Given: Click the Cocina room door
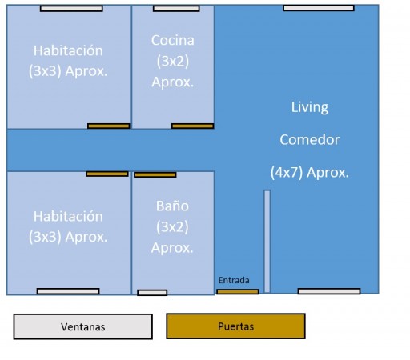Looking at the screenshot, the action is (x=193, y=126).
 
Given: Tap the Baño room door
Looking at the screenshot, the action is (x=155, y=174).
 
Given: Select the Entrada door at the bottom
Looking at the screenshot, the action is (x=238, y=291).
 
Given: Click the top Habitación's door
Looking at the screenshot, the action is (x=109, y=126).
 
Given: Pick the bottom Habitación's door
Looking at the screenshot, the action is (x=107, y=174).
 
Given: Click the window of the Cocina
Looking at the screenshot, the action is (x=176, y=9).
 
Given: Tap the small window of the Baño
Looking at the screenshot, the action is (x=152, y=293).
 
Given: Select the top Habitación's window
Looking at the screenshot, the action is (x=71, y=9).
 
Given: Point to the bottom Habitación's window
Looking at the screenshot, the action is (x=68, y=291).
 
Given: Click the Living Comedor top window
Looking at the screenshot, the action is (x=319, y=8).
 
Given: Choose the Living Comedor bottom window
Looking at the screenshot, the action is (x=329, y=291).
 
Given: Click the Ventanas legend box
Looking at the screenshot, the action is (x=83, y=326).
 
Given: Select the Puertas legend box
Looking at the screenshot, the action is (x=235, y=326).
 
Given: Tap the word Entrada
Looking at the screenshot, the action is (x=234, y=280).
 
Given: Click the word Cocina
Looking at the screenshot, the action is (x=173, y=41).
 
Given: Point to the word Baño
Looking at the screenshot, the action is (x=172, y=206).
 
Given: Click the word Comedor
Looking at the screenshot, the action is (x=310, y=140).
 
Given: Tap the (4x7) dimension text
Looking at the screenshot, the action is (x=287, y=173).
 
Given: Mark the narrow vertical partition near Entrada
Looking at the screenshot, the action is (x=267, y=242).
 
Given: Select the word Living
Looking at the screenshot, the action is (x=310, y=107).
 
